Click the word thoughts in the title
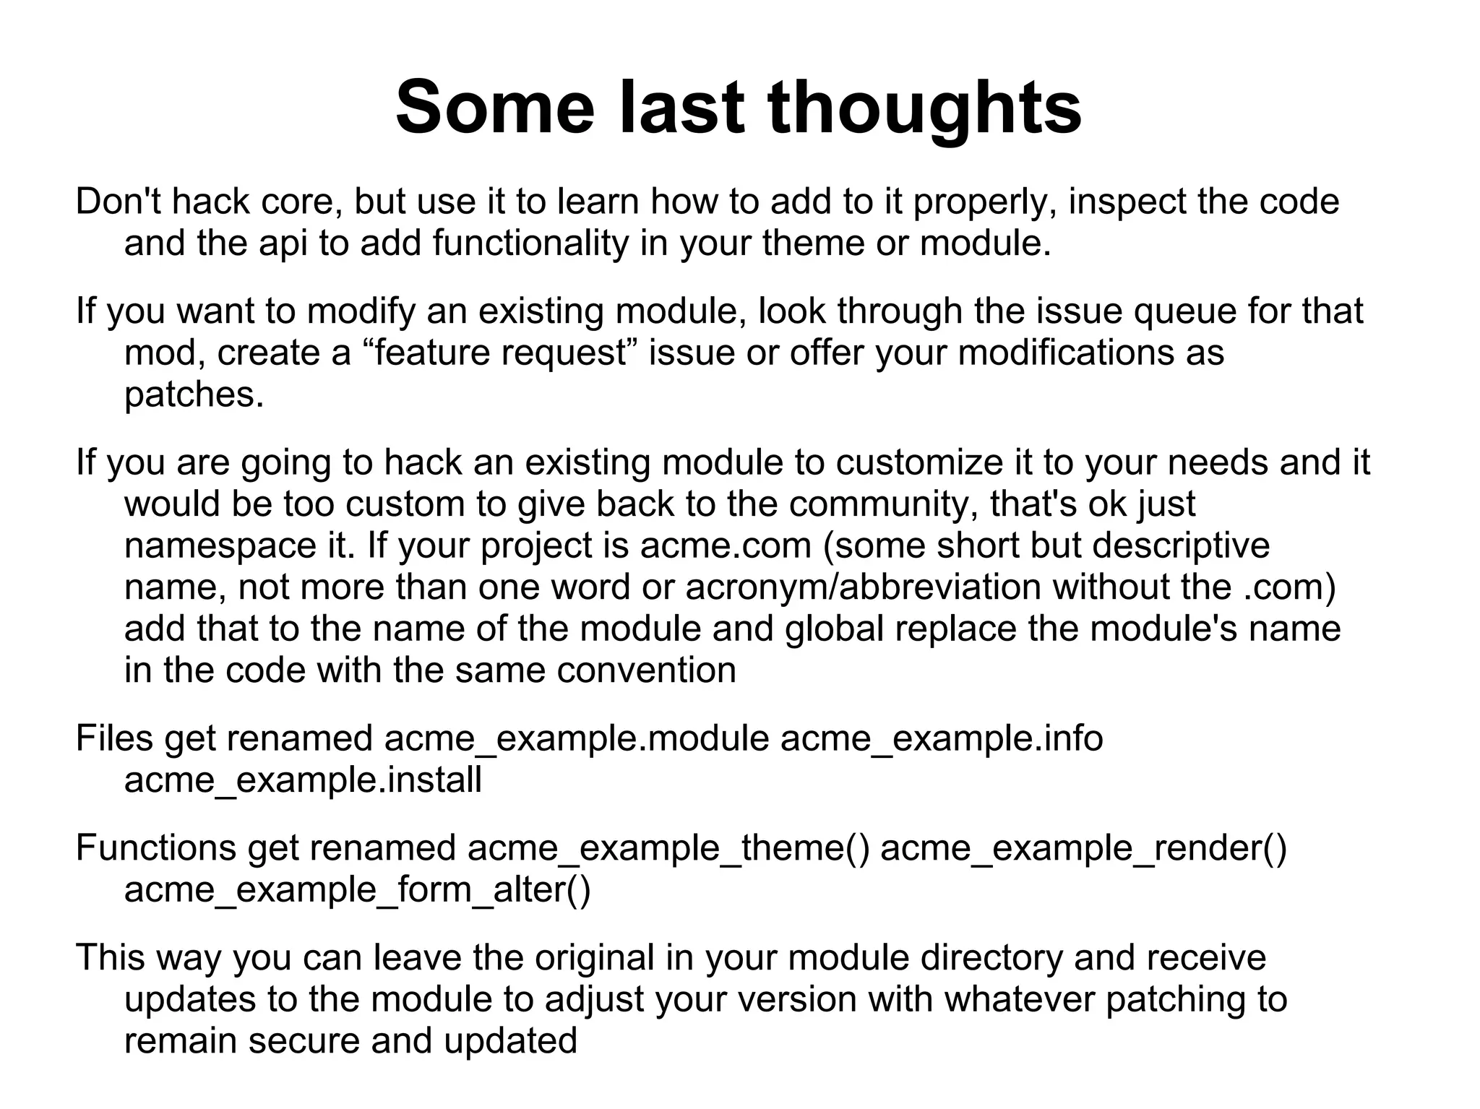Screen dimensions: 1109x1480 924,108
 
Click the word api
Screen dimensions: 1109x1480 283,243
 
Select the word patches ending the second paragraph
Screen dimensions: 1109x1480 194,394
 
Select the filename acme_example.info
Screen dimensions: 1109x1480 942,738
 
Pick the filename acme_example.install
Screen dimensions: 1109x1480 303,780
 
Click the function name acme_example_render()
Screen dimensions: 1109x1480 1083,847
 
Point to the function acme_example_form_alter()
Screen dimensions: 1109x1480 357,889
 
